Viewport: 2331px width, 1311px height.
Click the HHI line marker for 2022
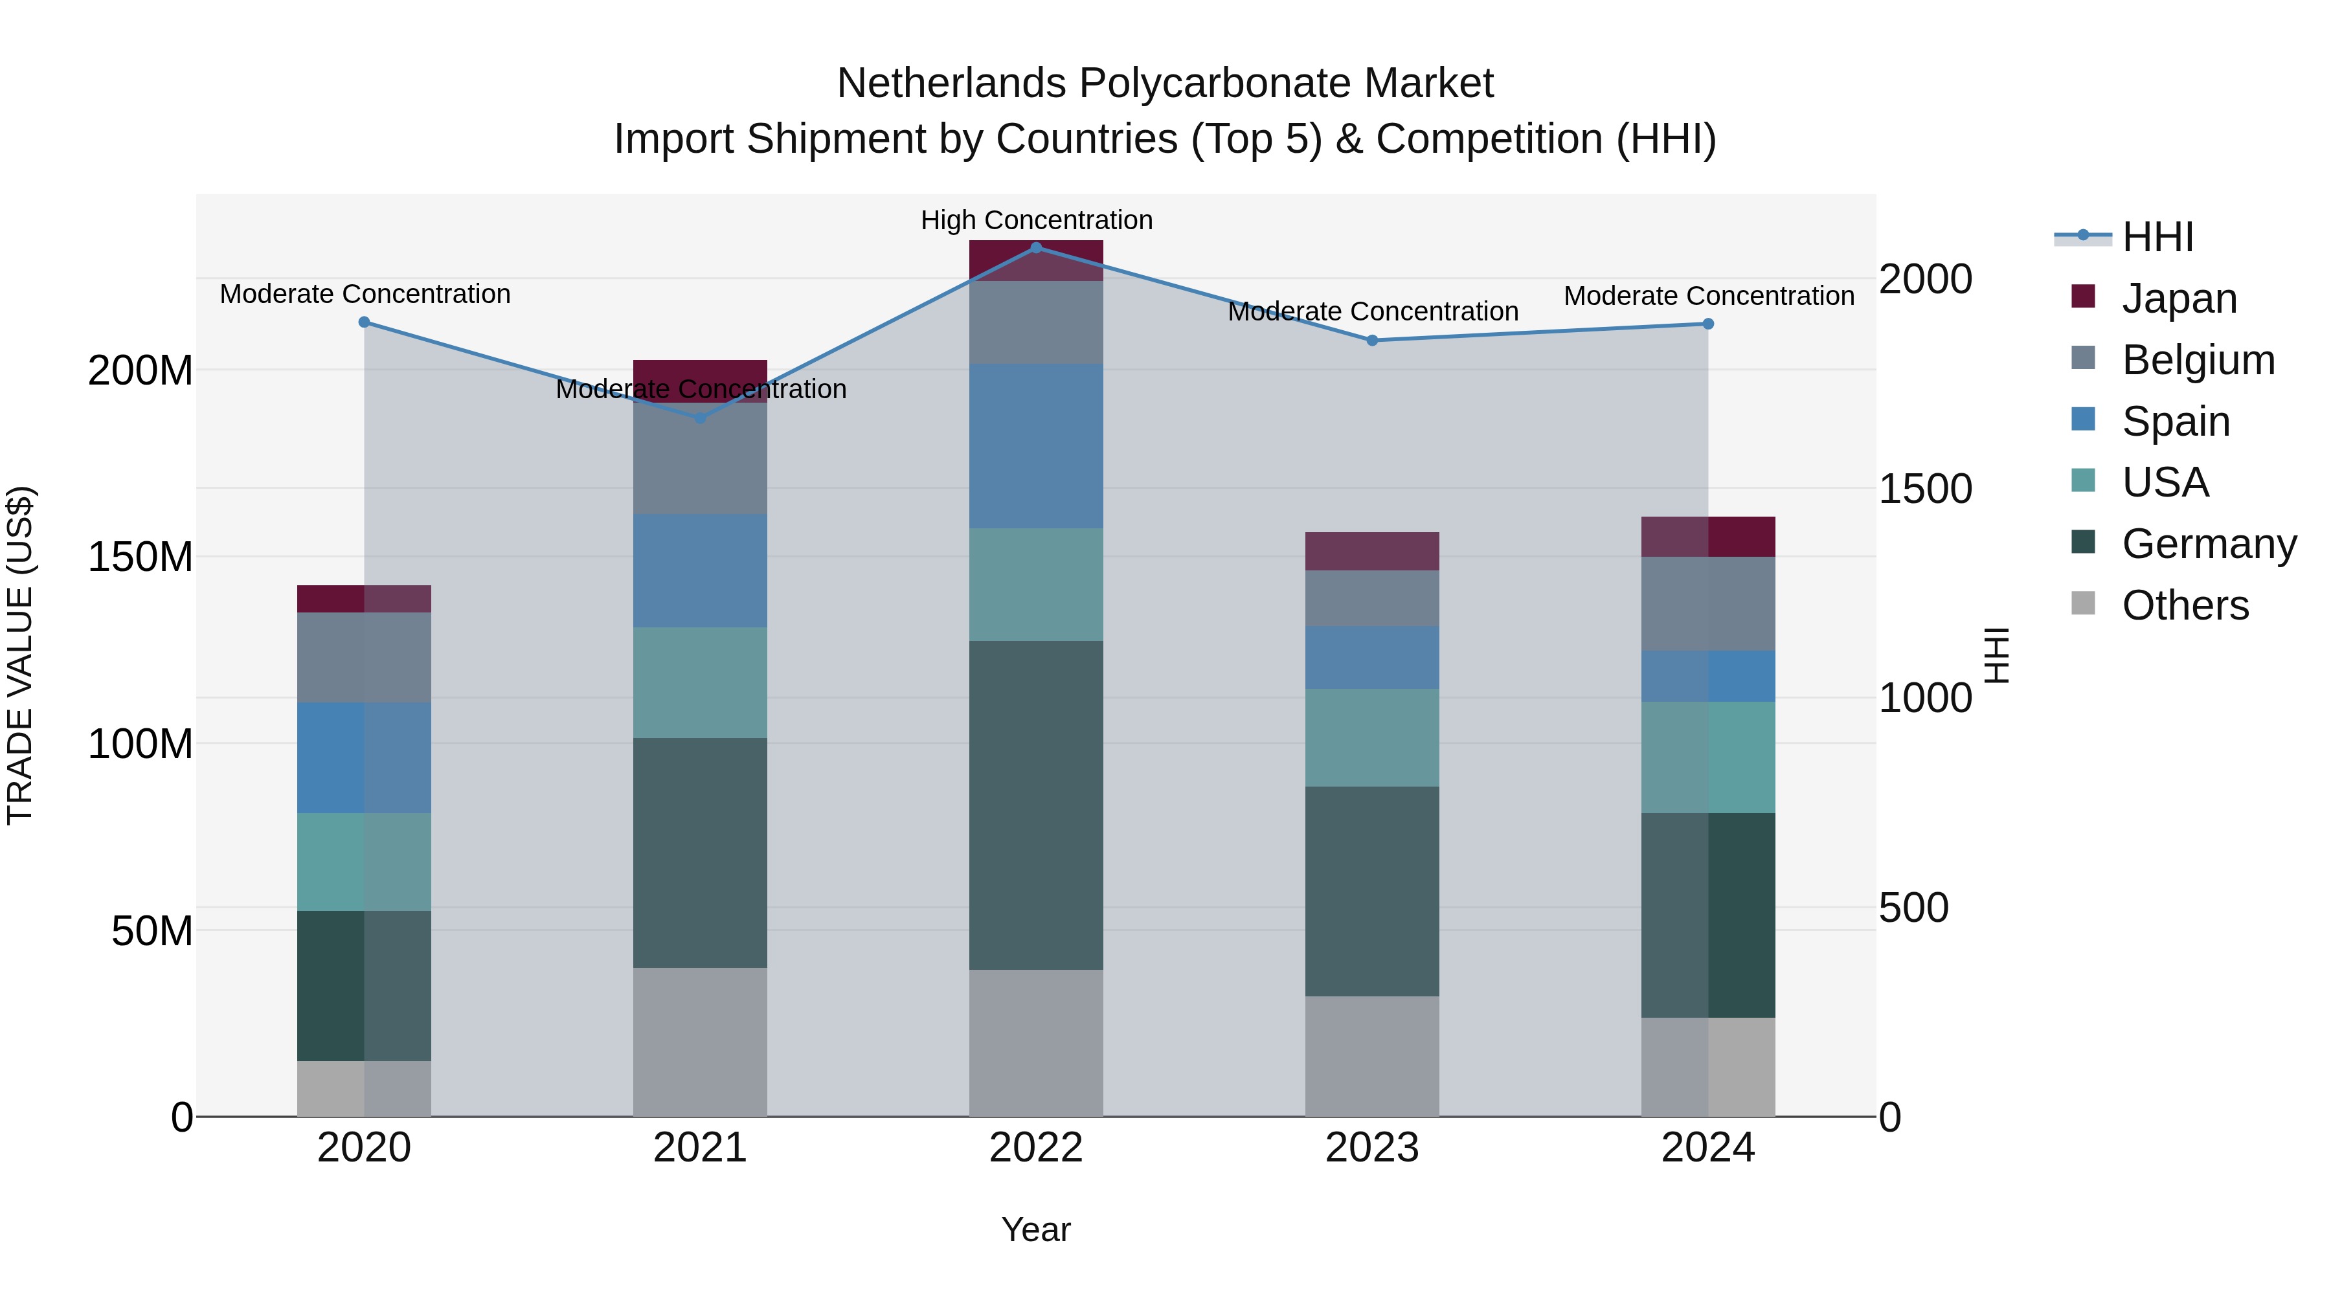pyautogui.click(x=1036, y=248)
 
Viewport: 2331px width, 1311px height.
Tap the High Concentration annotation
pyautogui.click(x=1036, y=220)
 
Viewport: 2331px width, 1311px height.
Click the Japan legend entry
pyautogui.click(x=2178, y=298)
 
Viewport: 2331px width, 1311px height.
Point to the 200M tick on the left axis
pyautogui.click(x=141, y=370)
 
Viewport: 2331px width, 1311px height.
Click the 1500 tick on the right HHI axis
pyautogui.click(x=1925, y=489)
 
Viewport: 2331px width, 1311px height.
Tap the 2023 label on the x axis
pyautogui.click(x=1372, y=1148)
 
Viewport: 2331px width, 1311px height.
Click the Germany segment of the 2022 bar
pyautogui.click(x=1036, y=805)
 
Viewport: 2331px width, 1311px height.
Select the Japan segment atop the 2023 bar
pyautogui.click(x=1372, y=551)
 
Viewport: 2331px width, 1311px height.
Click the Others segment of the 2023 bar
pyautogui.click(x=1372, y=1056)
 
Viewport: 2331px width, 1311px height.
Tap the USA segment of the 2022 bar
pyautogui.click(x=1036, y=585)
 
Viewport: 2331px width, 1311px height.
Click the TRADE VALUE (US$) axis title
pyautogui.click(x=20, y=655)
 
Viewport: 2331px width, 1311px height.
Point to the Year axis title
pyautogui.click(x=1035, y=1229)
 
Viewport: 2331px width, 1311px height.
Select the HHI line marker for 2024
pyautogui.click(x=1707, y=324)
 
